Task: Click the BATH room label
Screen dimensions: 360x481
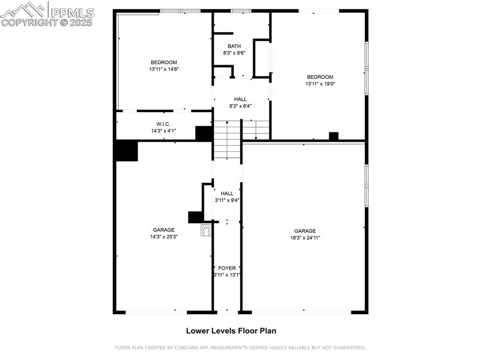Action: [234, 46]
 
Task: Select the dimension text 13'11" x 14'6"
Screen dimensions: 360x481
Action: [164, 69]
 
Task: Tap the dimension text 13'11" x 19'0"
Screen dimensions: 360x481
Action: [320, 84]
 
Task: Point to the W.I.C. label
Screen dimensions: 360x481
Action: [157, 124]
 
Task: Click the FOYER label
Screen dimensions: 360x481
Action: [227, 268]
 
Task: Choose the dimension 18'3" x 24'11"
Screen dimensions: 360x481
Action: [305, 237]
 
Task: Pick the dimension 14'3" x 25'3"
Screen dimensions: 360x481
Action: [163, 237]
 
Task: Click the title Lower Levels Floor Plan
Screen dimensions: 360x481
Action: [231, 330]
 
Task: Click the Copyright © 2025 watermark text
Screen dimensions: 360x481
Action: [47, 22]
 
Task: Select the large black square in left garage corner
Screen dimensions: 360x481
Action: [127, 151]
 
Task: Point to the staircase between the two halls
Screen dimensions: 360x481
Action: [227, 139]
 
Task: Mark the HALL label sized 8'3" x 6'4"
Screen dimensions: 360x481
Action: [240, 99]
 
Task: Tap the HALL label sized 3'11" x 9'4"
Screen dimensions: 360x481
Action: [227, 193]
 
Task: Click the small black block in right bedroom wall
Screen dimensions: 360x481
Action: [334, 136]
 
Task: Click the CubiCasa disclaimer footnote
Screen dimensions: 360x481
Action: [240, 348]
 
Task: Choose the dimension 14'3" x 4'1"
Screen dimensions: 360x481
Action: [163, 131]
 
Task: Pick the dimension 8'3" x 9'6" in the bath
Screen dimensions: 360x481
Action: [234, 53]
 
